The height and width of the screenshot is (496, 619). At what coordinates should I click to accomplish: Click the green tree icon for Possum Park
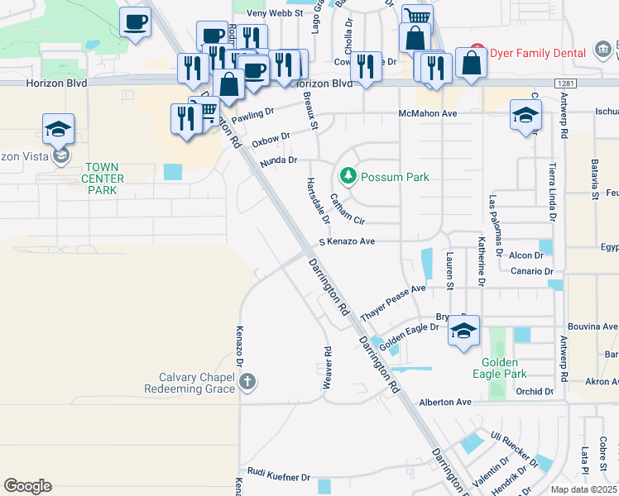pos(348,176)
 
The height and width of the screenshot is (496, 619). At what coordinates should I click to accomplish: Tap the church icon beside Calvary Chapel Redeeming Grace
pos(247,381)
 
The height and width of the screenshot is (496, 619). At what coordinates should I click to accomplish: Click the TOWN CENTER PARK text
pos(103,179)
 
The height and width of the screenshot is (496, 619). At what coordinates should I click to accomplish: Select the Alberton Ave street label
pos(445,402)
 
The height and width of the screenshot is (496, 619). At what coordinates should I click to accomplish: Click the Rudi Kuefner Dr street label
pos(278,477)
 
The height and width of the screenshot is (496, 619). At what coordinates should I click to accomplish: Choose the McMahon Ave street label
pos(428,113)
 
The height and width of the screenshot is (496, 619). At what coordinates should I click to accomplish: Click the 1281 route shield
pos(565,83)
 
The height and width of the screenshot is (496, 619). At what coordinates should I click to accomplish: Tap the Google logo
pos(27,486)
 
